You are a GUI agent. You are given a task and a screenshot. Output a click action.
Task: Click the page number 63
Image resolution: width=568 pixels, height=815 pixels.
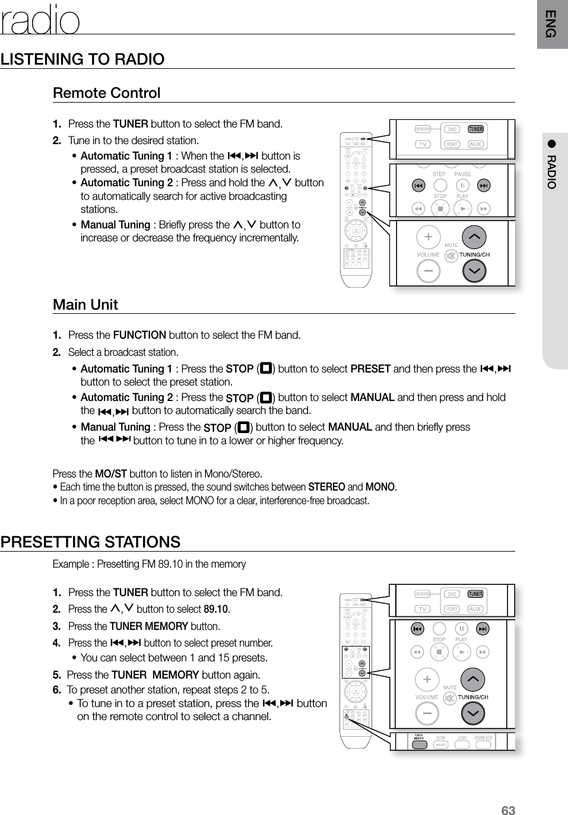point(508,810)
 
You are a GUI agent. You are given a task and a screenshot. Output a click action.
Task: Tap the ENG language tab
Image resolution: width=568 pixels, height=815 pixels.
point(551,24)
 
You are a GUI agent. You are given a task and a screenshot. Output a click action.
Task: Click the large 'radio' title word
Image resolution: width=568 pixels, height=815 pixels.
point(40,21)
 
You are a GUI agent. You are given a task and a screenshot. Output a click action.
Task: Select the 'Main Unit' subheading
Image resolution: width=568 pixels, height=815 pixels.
point(85,304)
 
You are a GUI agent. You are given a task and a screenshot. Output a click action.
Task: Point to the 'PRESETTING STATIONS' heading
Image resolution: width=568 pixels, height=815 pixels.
point(91,542)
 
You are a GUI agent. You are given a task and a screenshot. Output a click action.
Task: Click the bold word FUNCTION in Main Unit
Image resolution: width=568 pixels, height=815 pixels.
point(139,335)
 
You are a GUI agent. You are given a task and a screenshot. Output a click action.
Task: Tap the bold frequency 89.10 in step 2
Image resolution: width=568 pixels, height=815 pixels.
point(215,609)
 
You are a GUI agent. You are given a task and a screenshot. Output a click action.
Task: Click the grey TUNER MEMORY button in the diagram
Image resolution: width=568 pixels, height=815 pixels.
point(419,744)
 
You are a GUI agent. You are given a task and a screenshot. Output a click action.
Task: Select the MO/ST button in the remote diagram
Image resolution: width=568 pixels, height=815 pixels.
point(441,745)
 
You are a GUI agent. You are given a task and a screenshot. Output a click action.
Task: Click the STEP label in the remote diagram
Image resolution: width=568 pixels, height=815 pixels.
point(439,174)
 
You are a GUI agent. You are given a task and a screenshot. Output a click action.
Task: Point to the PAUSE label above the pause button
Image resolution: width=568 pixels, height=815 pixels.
point(462,174)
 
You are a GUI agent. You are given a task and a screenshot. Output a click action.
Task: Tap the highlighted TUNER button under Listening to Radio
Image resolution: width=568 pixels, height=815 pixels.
point(475,129)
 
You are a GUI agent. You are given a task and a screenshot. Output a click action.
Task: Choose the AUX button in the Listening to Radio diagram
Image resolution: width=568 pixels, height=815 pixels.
point(475,144)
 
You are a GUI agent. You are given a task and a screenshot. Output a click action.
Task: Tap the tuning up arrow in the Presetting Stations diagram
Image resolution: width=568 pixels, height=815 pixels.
point(473,679)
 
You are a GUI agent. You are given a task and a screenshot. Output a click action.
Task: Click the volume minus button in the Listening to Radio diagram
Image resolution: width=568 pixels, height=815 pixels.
point(428,271)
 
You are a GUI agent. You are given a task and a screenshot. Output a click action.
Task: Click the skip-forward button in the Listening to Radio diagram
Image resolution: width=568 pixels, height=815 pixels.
point(484,186)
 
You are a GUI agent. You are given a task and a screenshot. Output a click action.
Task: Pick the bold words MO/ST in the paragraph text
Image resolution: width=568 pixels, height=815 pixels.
point(111,473)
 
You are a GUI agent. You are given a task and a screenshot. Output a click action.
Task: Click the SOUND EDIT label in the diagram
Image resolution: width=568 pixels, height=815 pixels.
point(483,738)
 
